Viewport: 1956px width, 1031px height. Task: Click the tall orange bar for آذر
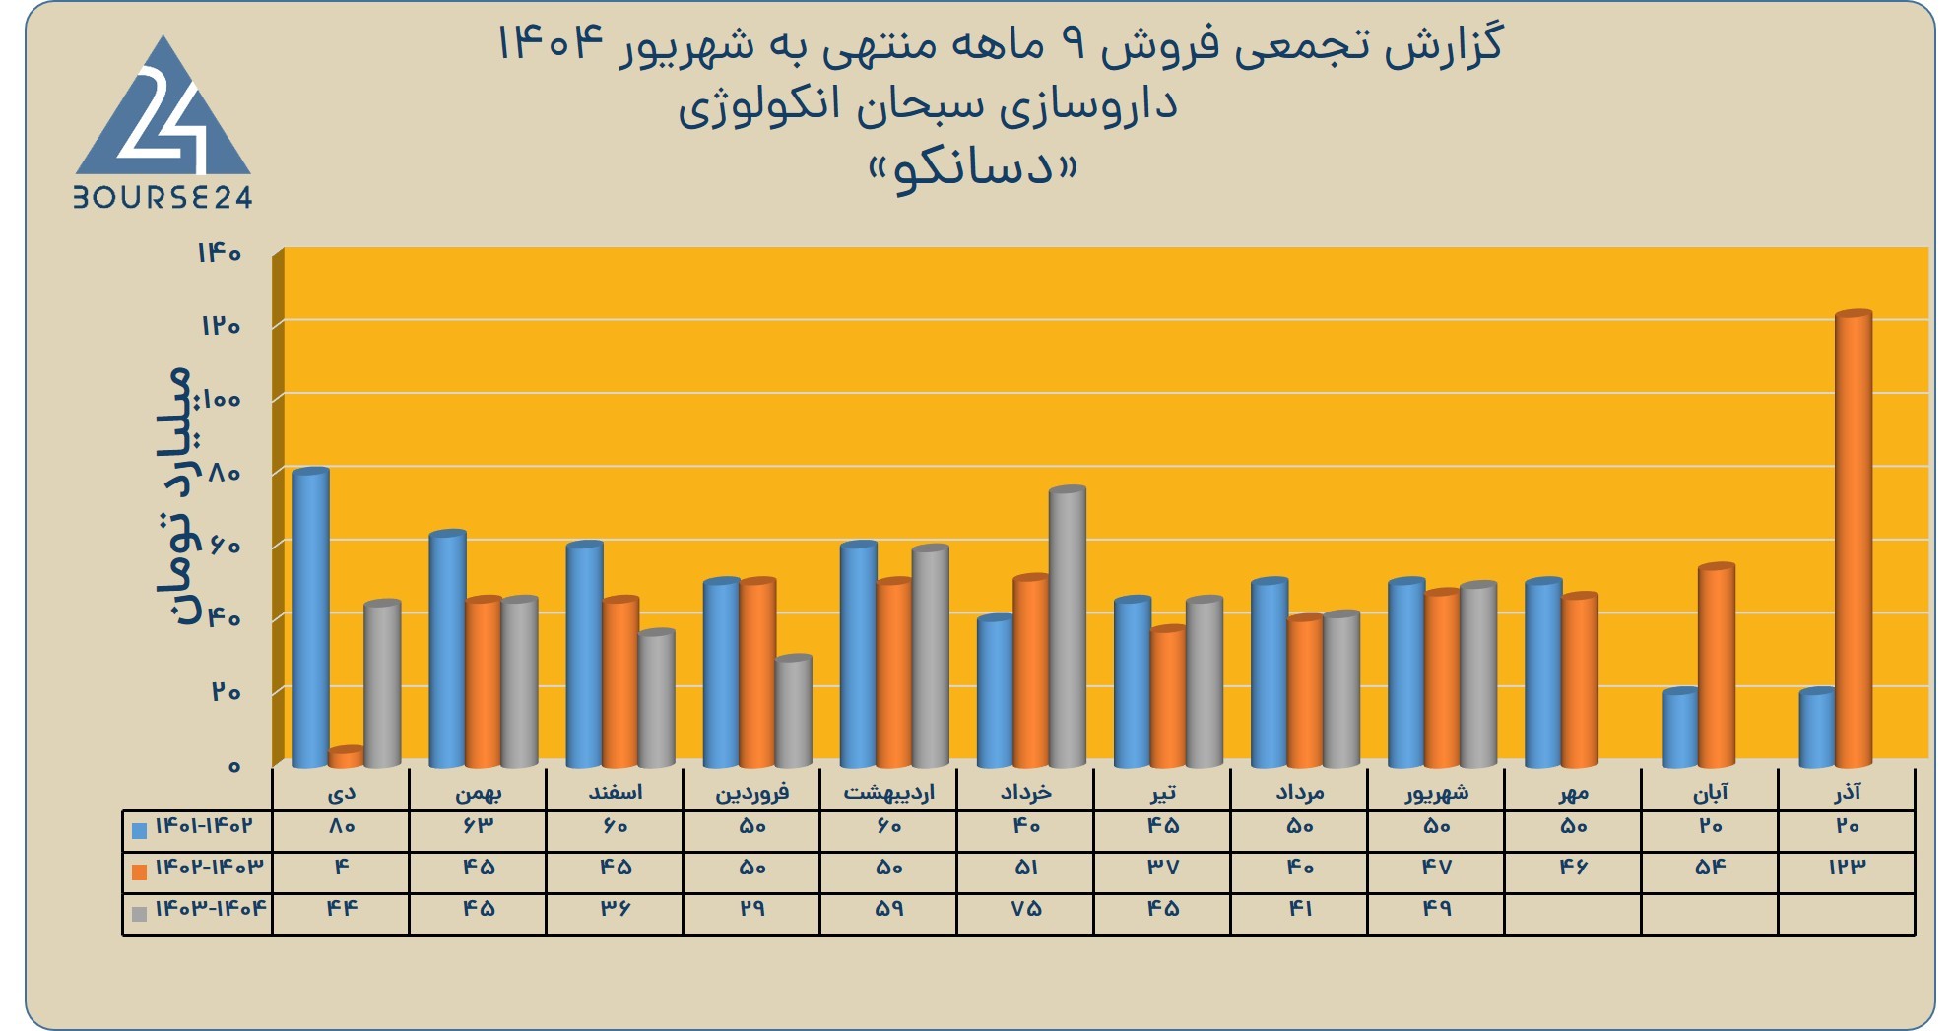tap(1854, 540)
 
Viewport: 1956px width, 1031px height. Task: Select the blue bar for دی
tap(311, 618)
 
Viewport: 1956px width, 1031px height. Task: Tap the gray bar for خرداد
tap(1068, 627)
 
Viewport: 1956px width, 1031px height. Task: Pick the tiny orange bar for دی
tap(347, 757)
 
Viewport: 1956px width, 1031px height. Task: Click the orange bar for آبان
tap(1717, 666)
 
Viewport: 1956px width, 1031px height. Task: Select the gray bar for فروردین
tap(794, 711)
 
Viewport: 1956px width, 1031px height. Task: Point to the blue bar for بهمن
tap(448, 649)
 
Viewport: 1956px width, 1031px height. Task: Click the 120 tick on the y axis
tap(221, 326)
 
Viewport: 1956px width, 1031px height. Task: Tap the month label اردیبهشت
tap(888, 792)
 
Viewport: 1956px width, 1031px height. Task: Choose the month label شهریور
tap(1437, 792)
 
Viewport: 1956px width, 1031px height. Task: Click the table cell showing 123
tap(1847, 868)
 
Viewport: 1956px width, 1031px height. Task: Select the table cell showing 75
tap(1025, 909)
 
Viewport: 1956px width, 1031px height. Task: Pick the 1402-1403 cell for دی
tap(341, 868)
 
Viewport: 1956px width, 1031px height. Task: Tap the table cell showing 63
tap(478, 826)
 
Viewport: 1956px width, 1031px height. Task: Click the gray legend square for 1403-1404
tap(139, 914)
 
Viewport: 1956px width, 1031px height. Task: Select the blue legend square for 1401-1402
tap(139, 830)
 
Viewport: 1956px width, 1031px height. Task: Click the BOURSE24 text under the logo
tap(163, 198)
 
